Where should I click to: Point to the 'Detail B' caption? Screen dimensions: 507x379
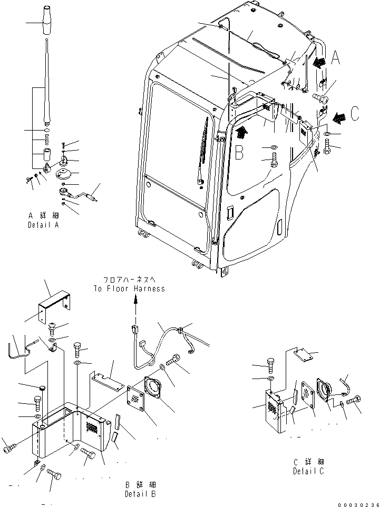140,494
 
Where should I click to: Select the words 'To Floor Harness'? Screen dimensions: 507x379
129,289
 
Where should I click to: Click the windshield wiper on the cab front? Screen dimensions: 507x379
201,153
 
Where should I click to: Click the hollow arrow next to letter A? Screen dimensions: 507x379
319,63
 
